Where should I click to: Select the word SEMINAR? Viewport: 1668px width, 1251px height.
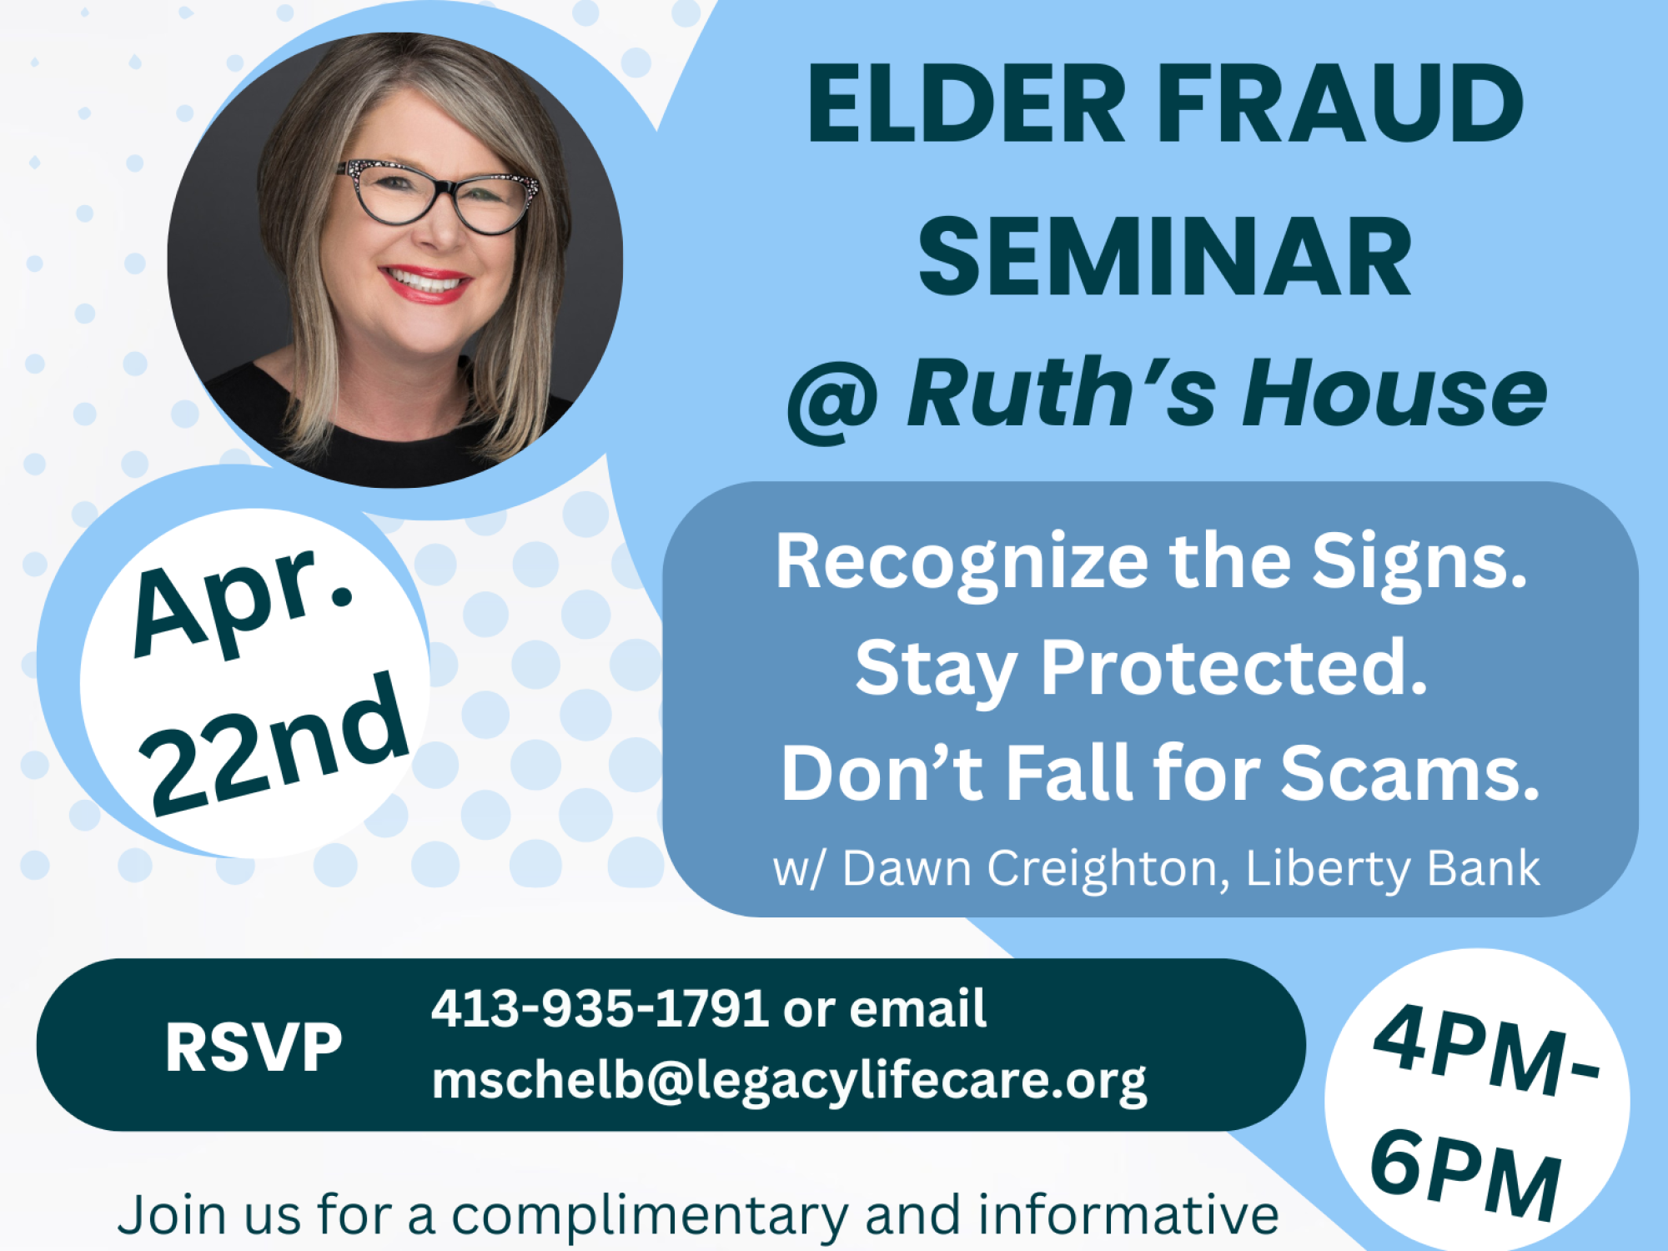(x=1165, y=257)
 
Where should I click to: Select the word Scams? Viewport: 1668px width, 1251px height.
(x=1409, y=773)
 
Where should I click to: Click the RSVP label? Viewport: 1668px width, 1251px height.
(x=254, y=1048)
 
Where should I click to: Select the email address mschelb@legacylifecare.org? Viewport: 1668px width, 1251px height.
(x=789, y=1083)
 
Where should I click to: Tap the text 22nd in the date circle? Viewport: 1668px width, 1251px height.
(x=275, y=744)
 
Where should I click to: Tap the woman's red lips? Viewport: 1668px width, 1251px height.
(x=425, y=284)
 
